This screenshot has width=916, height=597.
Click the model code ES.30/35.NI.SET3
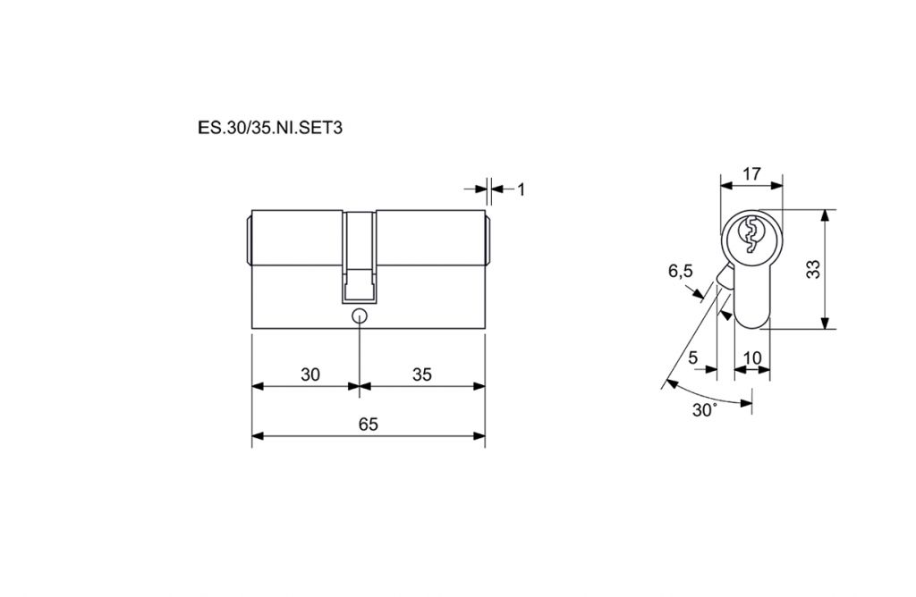[270, 128]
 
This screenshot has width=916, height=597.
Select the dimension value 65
[368, 425]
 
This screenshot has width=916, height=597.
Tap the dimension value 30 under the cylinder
[310, 374]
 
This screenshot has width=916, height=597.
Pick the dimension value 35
[421, 374]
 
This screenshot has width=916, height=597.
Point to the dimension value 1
[522, 189]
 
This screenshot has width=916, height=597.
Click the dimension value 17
[751, 173]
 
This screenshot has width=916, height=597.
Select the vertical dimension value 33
[812, 269]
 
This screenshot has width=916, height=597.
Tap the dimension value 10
[752, 357]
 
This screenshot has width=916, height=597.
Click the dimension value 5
[693, 357]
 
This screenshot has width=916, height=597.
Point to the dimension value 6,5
[681, 272]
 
